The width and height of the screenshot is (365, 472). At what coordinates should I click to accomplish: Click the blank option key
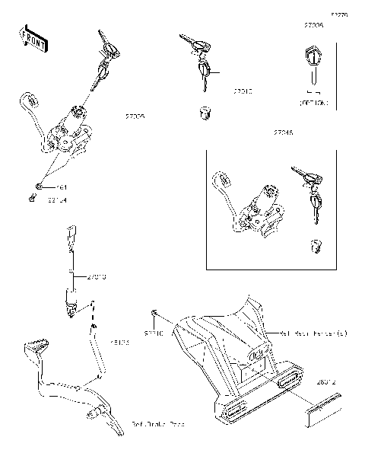point(312,65)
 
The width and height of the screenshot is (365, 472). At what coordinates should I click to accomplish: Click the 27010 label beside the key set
point(243,91)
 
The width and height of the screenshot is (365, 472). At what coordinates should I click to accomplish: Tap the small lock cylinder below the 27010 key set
point(203,113)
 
